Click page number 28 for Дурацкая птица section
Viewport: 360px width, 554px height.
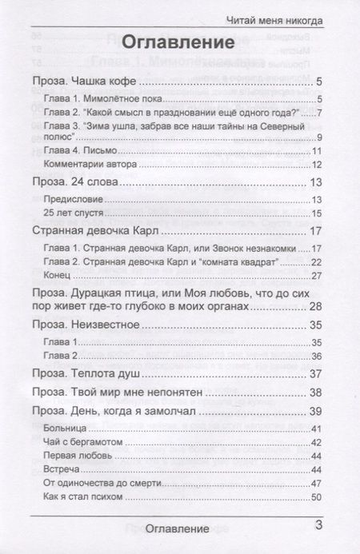tap(315, 308)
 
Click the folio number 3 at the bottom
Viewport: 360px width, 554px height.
tap(318, 525)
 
